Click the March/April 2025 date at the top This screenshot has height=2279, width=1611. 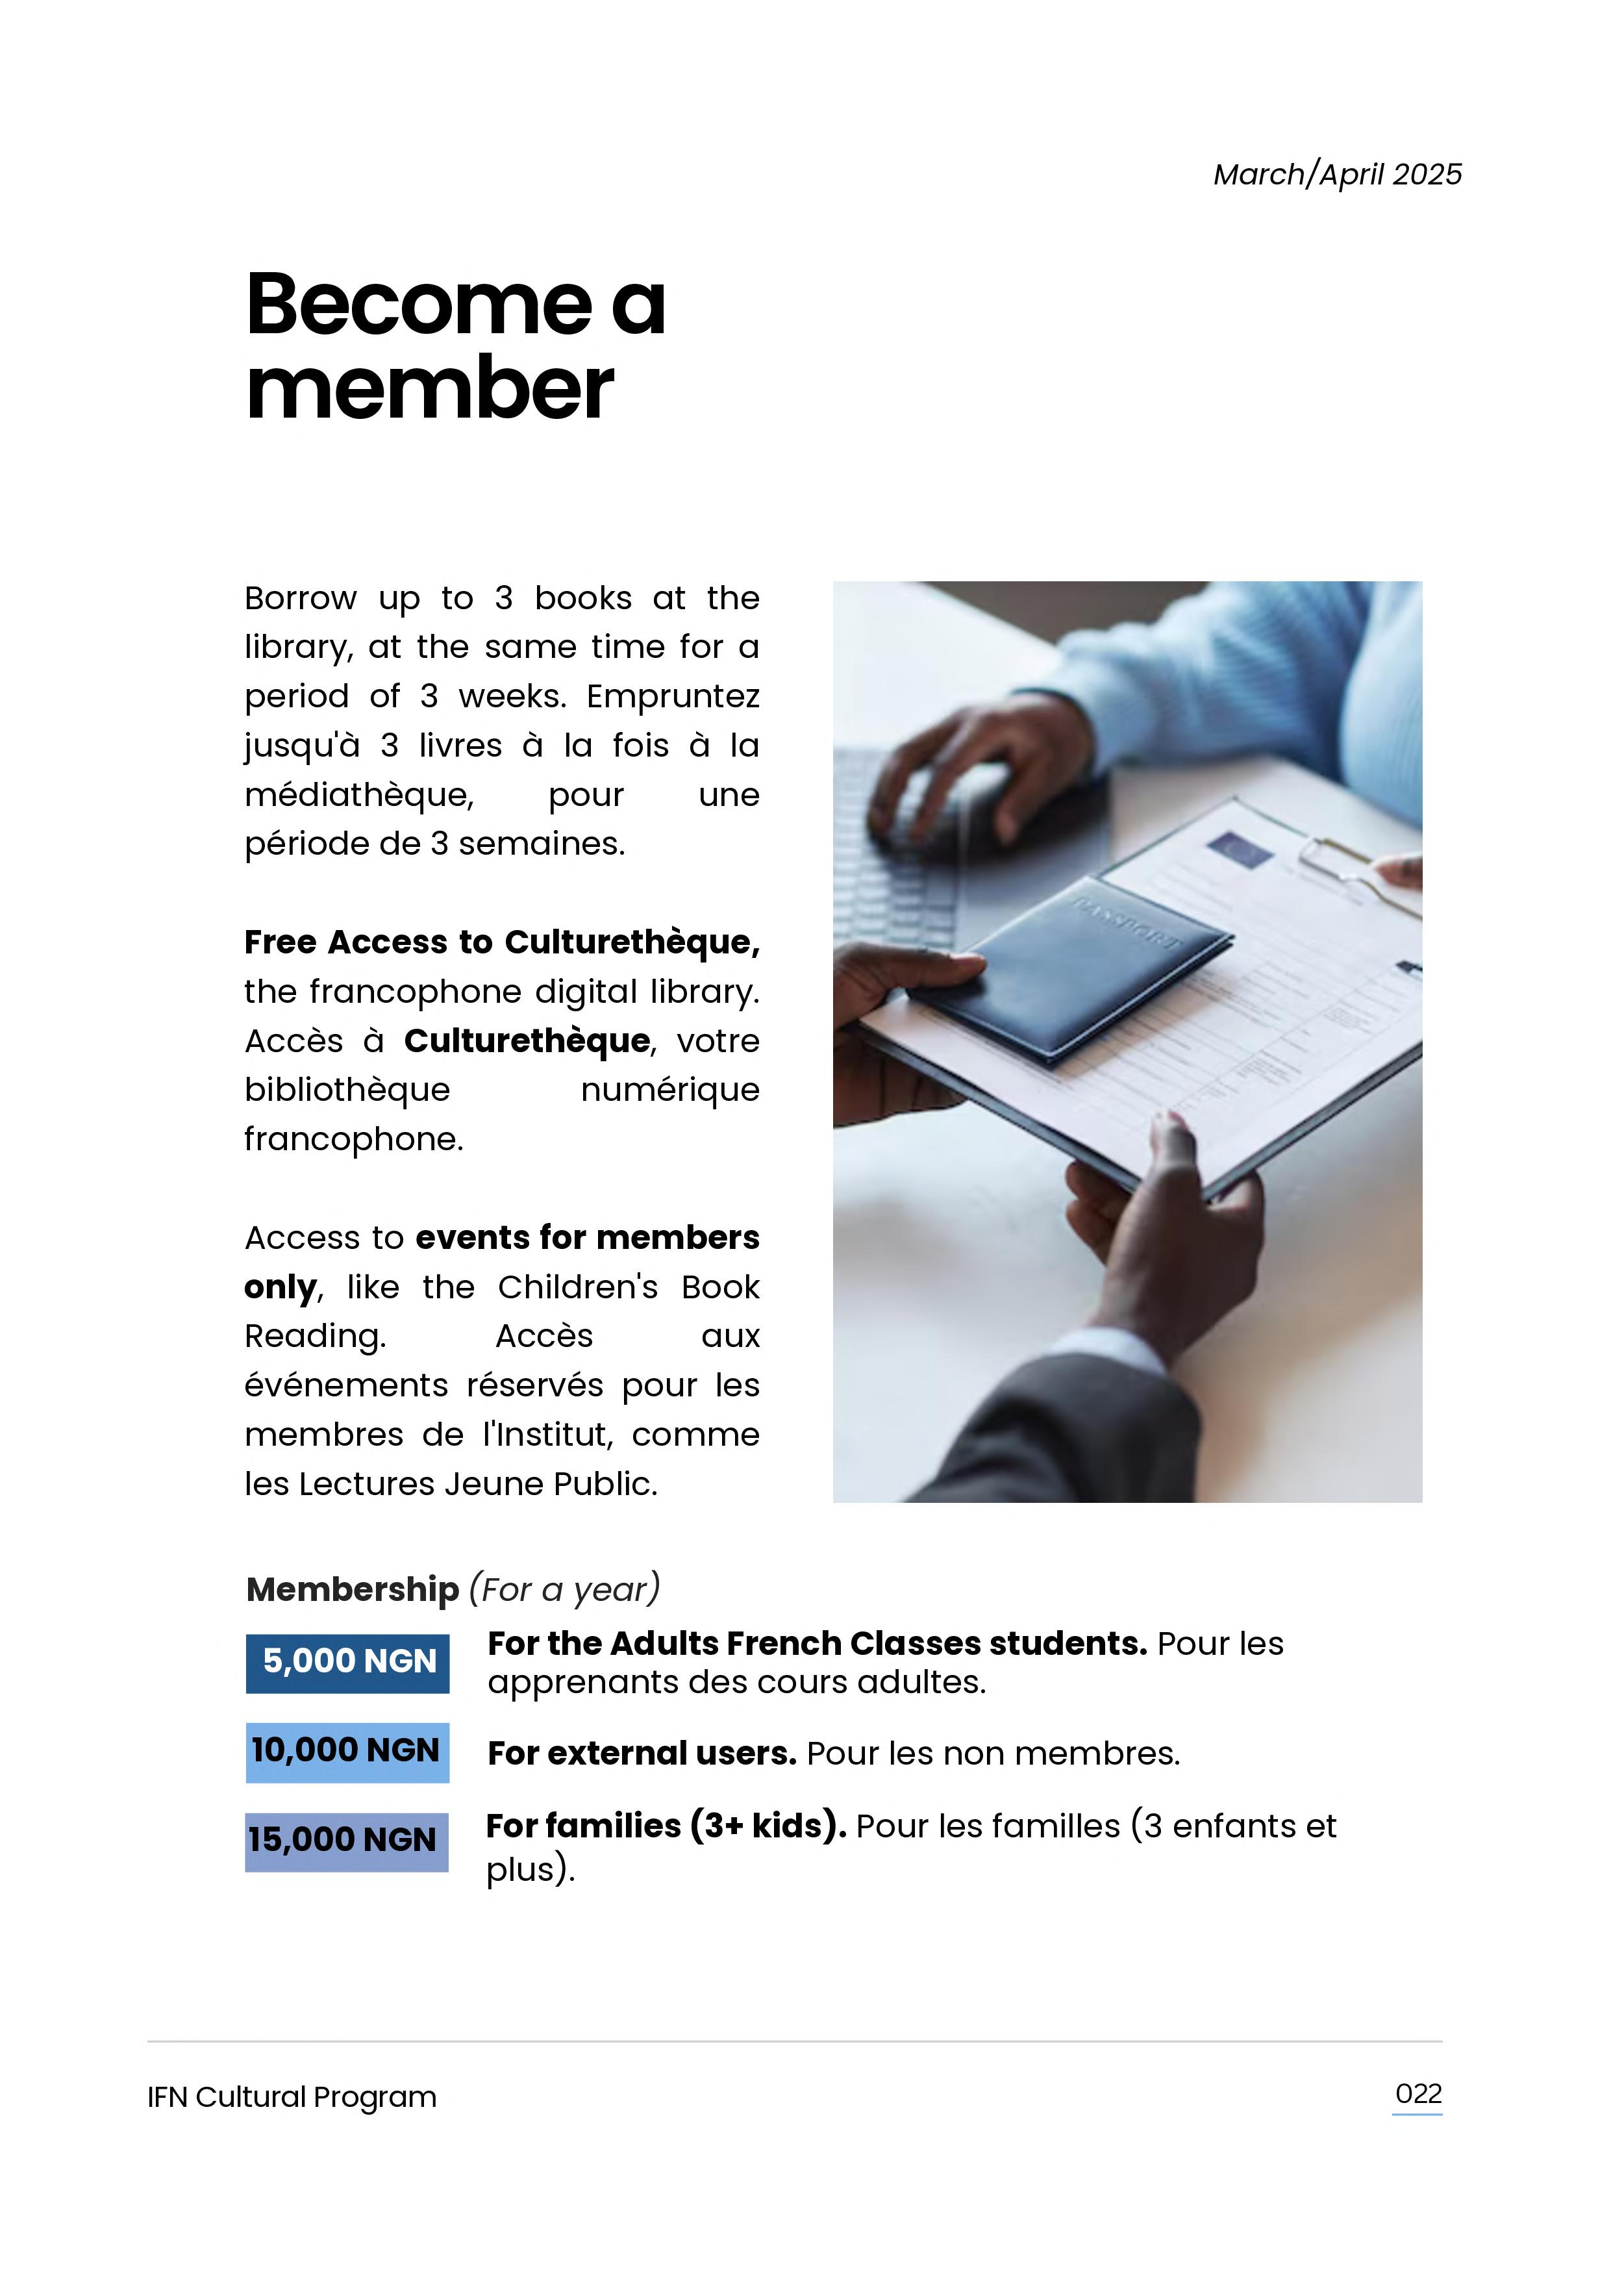1336,175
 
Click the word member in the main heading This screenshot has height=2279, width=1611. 430,390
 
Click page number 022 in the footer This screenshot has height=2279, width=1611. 1417,2095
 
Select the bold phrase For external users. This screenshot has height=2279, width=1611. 642,1754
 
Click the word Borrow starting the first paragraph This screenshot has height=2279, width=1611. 300,599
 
